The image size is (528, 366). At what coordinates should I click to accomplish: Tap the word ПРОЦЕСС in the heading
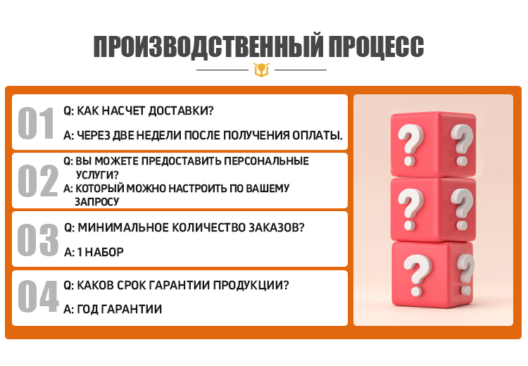point(375,47)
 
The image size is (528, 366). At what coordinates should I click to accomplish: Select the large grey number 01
point(37,123)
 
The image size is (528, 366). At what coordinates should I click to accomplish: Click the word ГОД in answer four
point(87,309)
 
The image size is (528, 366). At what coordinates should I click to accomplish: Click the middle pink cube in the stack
point(432,207)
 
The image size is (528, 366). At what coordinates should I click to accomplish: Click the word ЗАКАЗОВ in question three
point(275,228)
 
